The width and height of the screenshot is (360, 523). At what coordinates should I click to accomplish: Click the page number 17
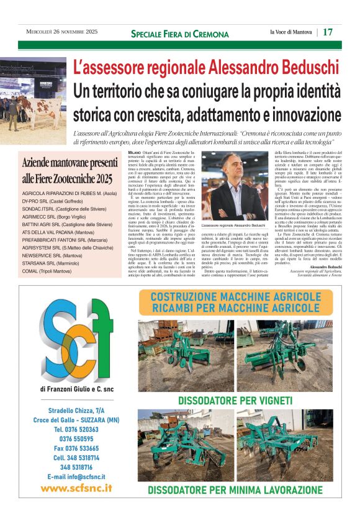tap(328, 32)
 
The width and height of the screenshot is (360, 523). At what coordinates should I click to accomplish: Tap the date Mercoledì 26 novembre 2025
tap(62, 32)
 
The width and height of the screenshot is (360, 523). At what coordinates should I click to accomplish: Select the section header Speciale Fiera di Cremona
tap(180, 33)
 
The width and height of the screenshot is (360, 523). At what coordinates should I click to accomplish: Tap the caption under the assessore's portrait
tap(234, 224)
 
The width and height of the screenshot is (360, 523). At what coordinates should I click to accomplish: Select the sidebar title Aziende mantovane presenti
tap(70, 163)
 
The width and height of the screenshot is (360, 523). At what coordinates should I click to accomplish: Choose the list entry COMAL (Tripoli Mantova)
tap(47, 271)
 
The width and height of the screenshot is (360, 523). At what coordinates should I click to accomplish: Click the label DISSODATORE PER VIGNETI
tap(236, 401)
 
